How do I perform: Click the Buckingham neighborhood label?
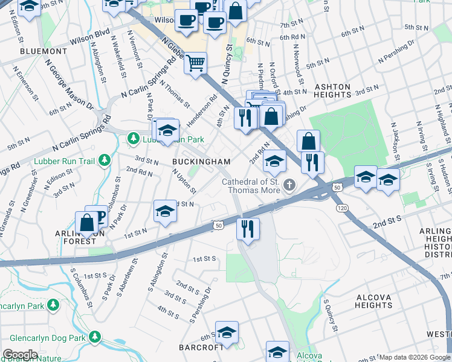[201, 162]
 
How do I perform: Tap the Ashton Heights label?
[332, 91]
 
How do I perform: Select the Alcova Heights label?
[374, 301]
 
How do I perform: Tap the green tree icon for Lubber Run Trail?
[106, 160]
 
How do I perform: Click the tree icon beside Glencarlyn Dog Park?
[94, 336]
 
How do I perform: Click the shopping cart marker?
[196, 63]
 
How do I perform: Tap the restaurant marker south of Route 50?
[248, 229]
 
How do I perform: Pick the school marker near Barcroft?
[227, 332]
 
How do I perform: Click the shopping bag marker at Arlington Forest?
[87, 223]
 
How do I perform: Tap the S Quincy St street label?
[330, 317]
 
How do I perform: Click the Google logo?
[20, 355]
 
